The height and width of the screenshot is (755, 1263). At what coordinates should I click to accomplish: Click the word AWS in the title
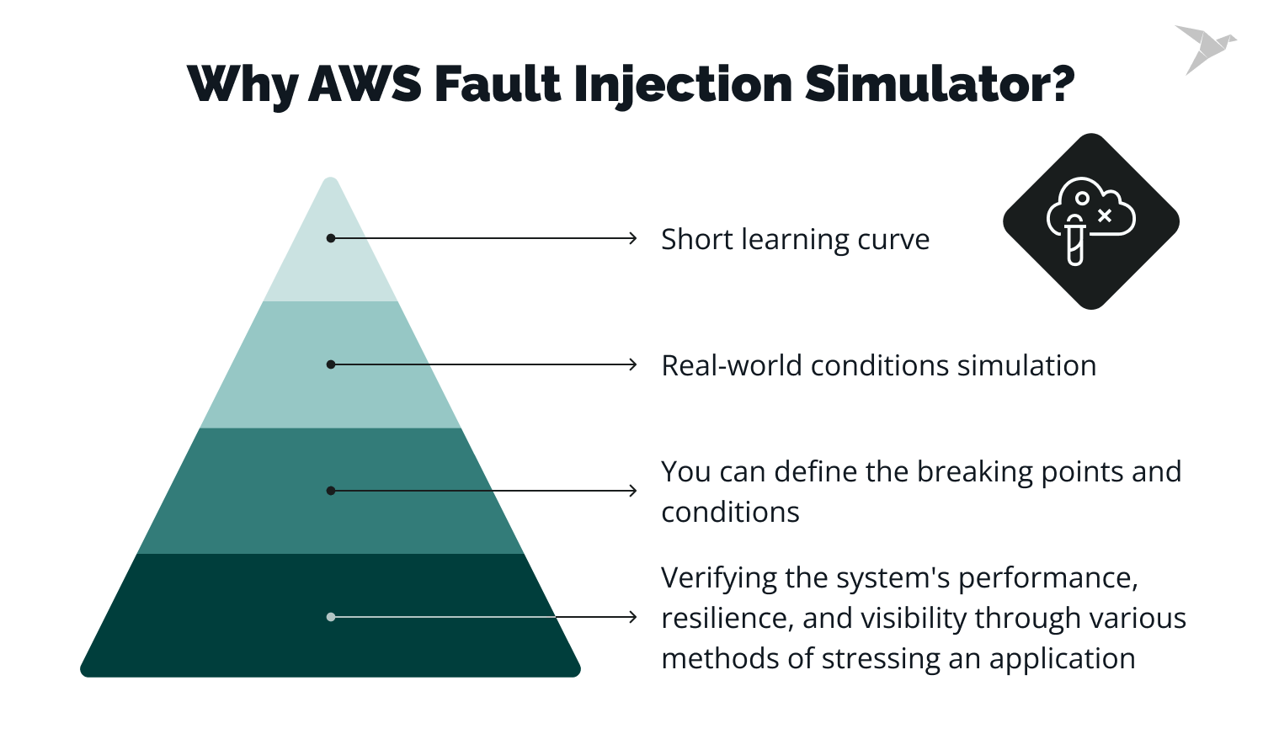coord(365,84)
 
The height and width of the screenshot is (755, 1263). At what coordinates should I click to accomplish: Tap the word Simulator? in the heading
coord(940,84)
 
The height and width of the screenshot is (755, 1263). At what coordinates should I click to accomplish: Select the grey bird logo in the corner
coord(1204,48)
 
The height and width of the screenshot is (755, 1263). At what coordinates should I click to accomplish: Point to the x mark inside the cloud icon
coord(1105,215)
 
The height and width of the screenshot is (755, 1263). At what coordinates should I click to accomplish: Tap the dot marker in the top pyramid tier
coord(331,238)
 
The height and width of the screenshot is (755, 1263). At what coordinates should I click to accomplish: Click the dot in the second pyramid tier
coord(331,364)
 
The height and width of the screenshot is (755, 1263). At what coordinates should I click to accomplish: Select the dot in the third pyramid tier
coord(331,491)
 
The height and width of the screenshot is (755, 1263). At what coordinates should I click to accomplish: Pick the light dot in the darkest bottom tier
coord(331,617)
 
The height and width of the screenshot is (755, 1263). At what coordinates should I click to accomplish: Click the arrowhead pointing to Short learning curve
coord(633,238)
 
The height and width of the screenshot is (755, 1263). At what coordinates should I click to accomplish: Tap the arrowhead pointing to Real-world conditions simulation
coord(633,364)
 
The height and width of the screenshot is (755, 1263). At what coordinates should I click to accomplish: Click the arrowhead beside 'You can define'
coord(633,491)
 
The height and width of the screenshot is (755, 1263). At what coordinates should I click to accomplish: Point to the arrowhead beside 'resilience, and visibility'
coord(633,617)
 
